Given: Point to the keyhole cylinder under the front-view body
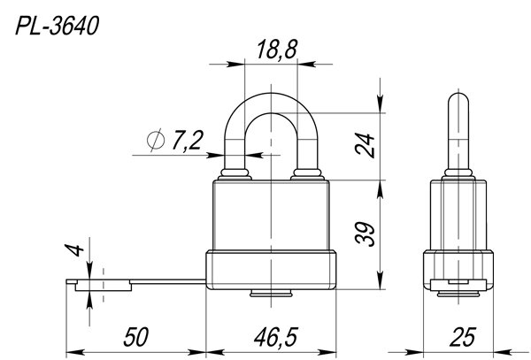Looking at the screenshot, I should pos(272,294).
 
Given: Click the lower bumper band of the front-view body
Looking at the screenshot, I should pos(271,270).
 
